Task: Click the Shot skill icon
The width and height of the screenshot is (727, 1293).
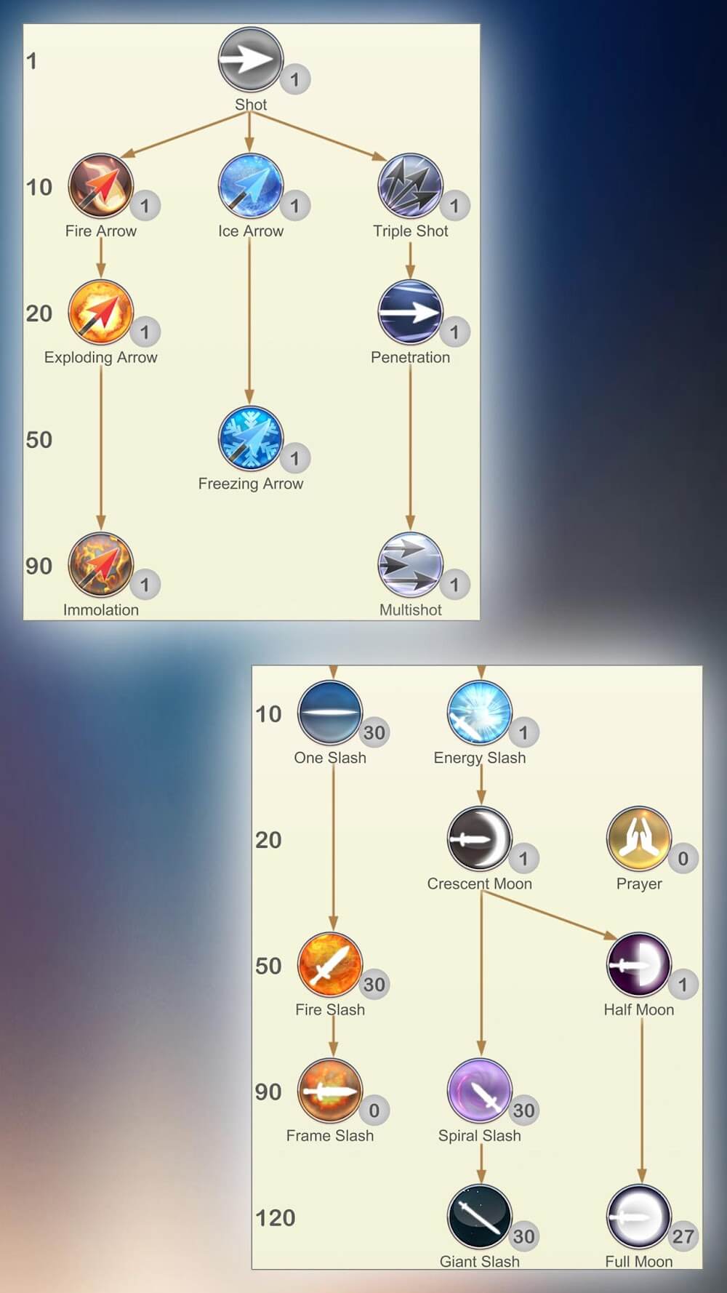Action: (250, 60)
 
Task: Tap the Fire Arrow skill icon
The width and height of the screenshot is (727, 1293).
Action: (100, 186)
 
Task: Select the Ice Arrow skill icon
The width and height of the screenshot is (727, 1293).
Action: (250, 186)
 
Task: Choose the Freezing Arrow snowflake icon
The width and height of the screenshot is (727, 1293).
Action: (250, 439)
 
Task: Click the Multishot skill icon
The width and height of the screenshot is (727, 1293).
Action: (410, 565)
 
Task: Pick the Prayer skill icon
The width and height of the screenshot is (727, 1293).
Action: (638, 838)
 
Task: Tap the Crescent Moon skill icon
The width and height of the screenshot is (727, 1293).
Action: (479, 838)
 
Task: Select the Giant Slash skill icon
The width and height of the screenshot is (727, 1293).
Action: (479, 1217)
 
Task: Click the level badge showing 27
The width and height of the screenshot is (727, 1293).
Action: (683, 1236)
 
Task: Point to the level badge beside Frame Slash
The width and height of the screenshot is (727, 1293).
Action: (374, 1110)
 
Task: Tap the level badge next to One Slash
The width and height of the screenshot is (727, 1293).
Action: (374, 732)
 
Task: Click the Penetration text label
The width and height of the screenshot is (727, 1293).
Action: (410, 357)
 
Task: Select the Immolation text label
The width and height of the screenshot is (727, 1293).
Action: (100, 610)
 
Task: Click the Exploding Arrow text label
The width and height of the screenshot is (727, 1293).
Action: (100, 357)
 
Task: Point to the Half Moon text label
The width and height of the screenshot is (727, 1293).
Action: (638, 1009)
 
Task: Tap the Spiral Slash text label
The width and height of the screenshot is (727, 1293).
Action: (479, 1135)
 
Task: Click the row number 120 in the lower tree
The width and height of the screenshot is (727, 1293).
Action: (275, 1217)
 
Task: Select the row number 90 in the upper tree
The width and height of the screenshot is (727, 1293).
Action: (39, 566)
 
